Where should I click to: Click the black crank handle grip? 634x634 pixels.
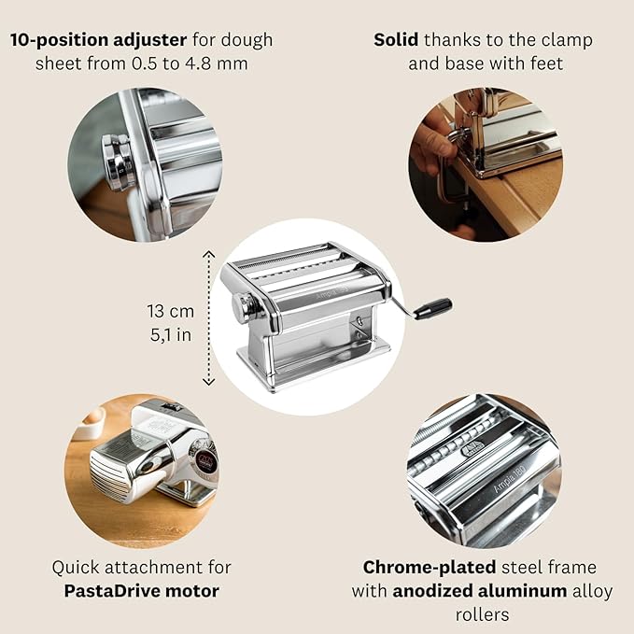pos(433,309)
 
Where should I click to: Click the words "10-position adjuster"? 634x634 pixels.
pos(99,40)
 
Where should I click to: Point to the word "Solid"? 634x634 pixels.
pos(396,40)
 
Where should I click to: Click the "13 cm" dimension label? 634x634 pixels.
pos(171,311)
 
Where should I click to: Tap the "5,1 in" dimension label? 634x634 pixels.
pos(171,335)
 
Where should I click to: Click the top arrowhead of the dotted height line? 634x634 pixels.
pos(208,254)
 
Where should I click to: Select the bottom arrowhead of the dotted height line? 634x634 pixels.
pos(208,381)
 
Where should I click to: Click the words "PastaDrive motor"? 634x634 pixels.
pos(142,591)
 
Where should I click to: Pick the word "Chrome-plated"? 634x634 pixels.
pos(430,568)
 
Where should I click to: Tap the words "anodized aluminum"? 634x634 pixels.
pos(480,591)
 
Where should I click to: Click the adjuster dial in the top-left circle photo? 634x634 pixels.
pos(118,162)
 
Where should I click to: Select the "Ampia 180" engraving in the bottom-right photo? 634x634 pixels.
pos(510,479)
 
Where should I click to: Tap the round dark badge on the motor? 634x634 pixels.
pos(206,462)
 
